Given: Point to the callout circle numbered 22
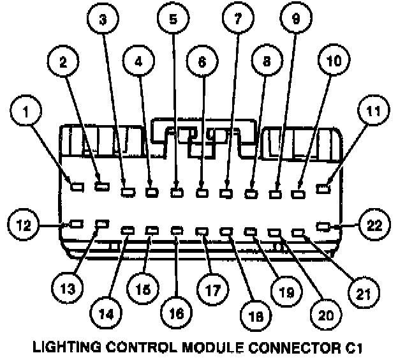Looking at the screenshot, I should point(372,225).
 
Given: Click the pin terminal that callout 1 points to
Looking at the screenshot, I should point(77,187).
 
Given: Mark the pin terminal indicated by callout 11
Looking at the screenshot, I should point(325,188).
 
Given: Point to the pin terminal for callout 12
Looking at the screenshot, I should point(76,224).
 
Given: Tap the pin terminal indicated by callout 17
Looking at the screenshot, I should point(202,231).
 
